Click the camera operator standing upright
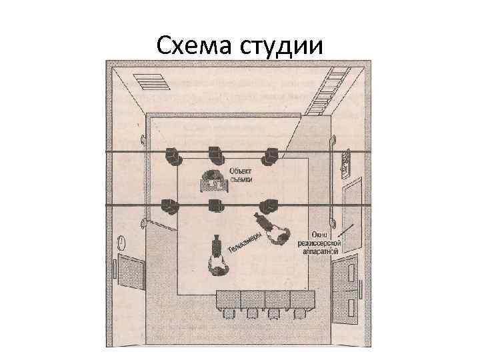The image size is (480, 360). [x=217, y=258]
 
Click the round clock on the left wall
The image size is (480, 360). [x=121, y=241]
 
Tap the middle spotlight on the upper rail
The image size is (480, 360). [x=215, y=154]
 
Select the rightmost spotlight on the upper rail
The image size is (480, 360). [x=270, y=155]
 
